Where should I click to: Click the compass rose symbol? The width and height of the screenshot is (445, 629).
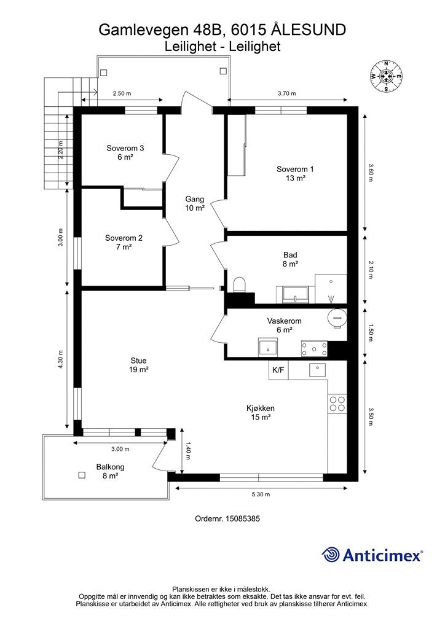click(x=386, y=76)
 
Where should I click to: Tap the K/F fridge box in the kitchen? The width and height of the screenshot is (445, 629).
click(x=278, y=370)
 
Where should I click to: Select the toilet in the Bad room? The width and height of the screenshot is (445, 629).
click(x=240, y=285)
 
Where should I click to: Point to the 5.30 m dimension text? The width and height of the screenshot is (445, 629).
click(x=261, y=494)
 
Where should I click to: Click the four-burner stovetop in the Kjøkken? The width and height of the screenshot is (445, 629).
click(x=337, y=404)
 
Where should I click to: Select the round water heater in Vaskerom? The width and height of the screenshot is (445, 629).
click(x=336, y=319)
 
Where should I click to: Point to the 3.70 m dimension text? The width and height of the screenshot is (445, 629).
click(x=287, y=93)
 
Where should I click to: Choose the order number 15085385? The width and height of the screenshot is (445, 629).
click(x=243, y=518)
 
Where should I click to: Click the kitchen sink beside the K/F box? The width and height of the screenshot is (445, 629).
click(x=317, y=370)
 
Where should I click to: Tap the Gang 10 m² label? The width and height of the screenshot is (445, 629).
click(x=195, y=203)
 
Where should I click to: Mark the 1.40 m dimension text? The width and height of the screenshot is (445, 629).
click(x=188, y=450)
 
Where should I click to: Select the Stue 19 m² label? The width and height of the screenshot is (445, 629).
click(x=138, y=365)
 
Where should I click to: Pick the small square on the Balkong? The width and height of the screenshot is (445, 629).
click(x=82, y=475)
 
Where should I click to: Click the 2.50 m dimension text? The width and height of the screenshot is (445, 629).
click(x=122, y=93)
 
